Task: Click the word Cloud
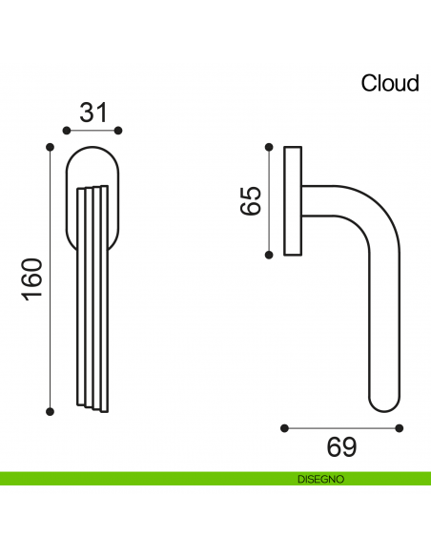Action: (x=390, y=83)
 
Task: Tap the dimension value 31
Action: (x=92, y=113)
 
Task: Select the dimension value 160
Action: (x=31, y=278)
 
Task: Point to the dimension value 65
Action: (x=250, y=200)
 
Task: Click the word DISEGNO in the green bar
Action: (x=320, y=478)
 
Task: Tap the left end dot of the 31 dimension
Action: (x=66, y=130)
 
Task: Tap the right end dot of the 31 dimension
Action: (x=119, y=130)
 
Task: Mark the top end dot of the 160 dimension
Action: (x=50, y=146)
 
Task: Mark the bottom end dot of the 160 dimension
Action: (x=50, y=411)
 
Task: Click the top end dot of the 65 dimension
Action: (x=268, y=146)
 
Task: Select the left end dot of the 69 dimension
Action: (x=284, y=428)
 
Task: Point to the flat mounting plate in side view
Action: (x=293, y=200)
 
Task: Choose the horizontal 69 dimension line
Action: (x=340, y=428)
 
